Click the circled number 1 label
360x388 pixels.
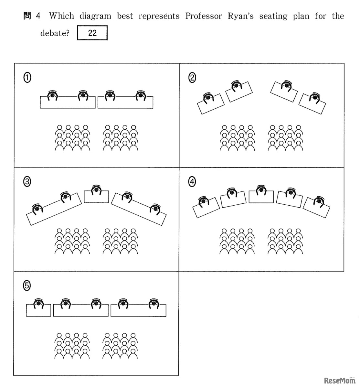point(27,77)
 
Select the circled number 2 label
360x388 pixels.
point(192,78)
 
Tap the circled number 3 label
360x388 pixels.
point(27,182)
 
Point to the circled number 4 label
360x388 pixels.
point(192,182)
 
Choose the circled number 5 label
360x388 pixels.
point(27,286)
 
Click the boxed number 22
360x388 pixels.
point(92,33)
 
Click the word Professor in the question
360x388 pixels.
point(203,16)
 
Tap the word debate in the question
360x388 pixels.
point(54,33)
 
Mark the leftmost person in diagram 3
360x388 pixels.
point(38,209)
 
